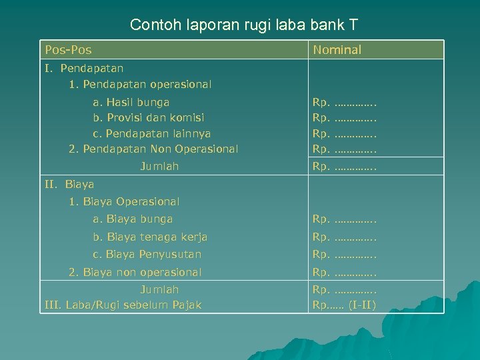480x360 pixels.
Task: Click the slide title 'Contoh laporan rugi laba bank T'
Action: [x=244, y=25]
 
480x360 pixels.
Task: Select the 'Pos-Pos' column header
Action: [x=68, y=50]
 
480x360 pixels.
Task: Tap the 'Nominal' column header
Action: [x=337, y=50]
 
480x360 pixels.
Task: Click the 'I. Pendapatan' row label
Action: [x=84, y=68]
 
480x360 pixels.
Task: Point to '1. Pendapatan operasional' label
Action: [x=140, y=85]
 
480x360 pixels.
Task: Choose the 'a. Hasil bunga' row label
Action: [x=131, y=103]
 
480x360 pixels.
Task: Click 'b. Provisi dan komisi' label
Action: [x=149, y=117]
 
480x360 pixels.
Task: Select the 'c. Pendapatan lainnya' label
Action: [x=151, y=133]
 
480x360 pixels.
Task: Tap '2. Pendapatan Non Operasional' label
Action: [x=153, y=149]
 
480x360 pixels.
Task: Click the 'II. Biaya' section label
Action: [x=69, y=184]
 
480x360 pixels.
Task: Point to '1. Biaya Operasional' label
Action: [x=124, y=201]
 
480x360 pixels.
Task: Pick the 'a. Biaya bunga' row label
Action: [x=133, y=219]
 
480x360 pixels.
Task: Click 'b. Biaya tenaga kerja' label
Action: [x=150, y=237]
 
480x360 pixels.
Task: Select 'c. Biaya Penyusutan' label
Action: [x=147, y=255]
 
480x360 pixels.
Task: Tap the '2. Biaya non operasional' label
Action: [x=135, y=272]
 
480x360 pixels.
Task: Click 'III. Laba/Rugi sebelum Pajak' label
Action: [x=123, y=305]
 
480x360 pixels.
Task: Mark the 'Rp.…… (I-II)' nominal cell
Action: [x=344, y=305]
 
